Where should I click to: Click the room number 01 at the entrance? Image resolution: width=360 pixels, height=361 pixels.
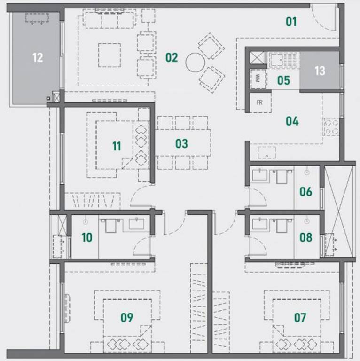click(x=291, y=22)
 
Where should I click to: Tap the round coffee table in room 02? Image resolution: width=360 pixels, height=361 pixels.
click(x=195, y=63)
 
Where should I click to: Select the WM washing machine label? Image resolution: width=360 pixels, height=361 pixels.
click(x=258, y=79)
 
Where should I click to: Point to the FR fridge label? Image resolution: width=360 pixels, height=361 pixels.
click(x=259, y=102)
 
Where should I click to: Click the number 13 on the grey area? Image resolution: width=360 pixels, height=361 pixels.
click(x=320, y=71)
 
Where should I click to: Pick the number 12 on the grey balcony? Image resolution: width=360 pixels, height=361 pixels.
click(x=38, y=57)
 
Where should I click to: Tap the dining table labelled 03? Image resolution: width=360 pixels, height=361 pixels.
click(x=183, y=142)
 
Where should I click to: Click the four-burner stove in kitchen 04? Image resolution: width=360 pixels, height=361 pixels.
click(x=331, y=126)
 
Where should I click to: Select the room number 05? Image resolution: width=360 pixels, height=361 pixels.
click(x=283, y=80)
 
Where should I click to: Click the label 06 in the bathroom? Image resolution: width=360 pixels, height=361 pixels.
click(x=305, y=192)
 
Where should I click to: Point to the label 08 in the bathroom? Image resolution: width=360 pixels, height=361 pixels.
click(x=305, y=237)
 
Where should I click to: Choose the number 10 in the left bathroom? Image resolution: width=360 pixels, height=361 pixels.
click(x=87, y=237)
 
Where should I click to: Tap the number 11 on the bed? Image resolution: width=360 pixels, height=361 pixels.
click(x=117, y=146)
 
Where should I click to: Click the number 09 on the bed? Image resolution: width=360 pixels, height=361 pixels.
click(x=127, y=317)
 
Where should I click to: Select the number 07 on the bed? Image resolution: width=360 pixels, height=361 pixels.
click(x=300, y=317)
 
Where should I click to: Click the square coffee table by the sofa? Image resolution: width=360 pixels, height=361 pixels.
click(x=110, y=55)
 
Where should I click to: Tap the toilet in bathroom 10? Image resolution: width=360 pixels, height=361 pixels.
click(x=111, y=225)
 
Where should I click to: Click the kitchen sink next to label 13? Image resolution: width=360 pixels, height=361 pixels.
click(x=283, y=60)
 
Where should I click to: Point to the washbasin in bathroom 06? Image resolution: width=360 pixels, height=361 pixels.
click(x=260, y=175)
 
